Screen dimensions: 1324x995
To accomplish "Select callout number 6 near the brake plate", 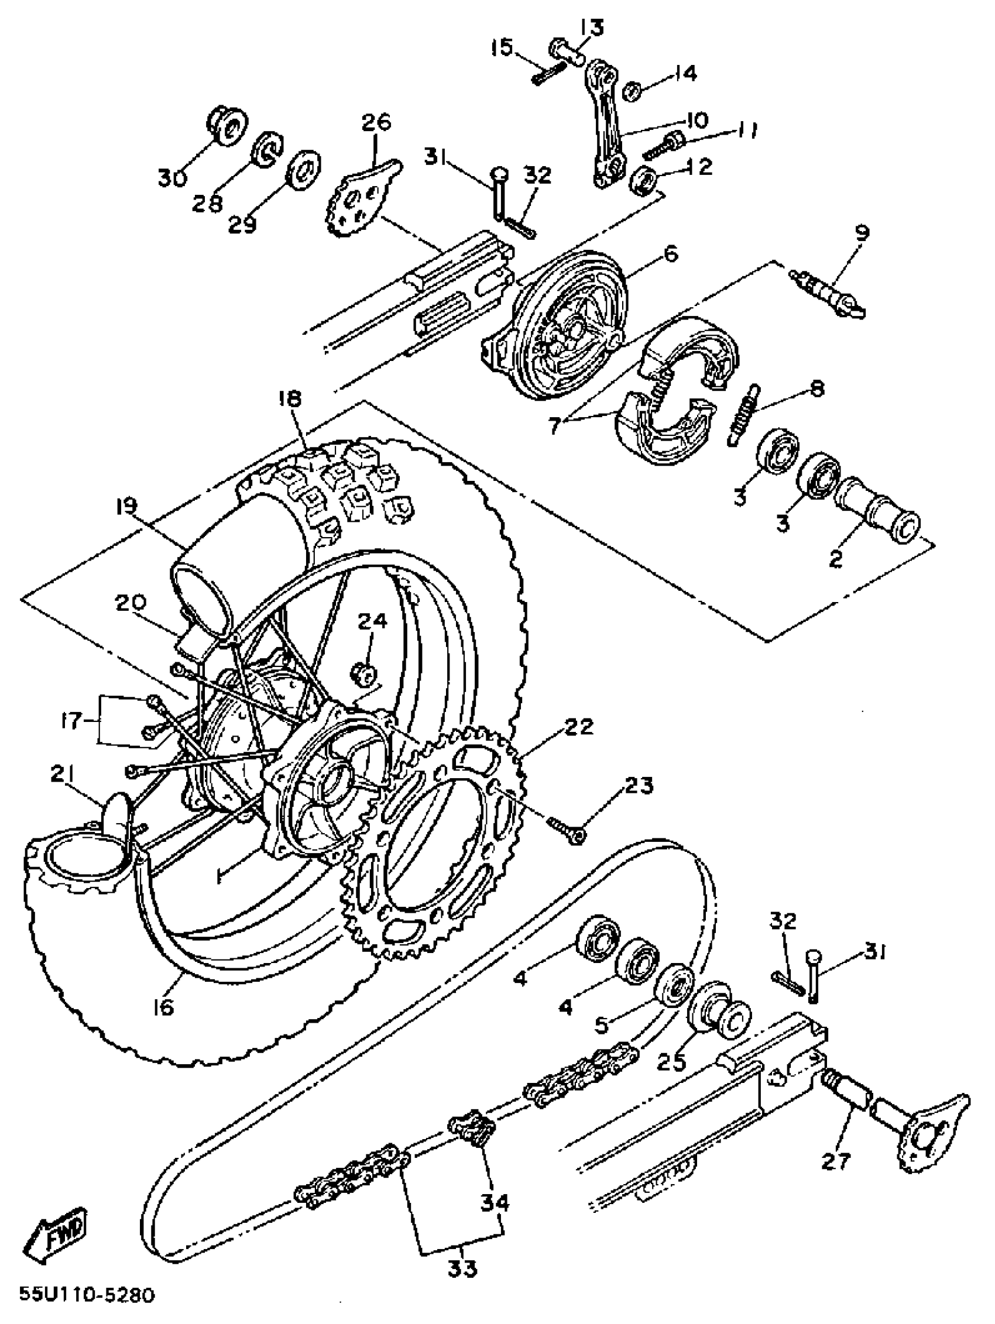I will click(x=671, y=254).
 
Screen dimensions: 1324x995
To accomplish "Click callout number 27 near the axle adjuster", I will click(x=836, y=1162).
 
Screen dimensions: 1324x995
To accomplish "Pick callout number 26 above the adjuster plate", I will click(x=376, y=122).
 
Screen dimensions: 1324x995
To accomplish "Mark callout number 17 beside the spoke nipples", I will click(x=71, y=721).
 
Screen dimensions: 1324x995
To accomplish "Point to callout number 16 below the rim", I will click(x=163, y=1006).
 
